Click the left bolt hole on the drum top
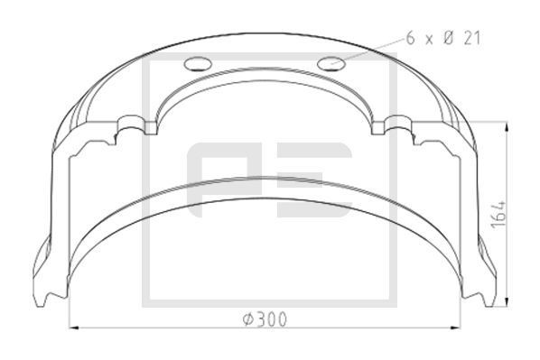[195, 63]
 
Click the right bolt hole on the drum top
[331, 63]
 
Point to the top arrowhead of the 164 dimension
[511, 124]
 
